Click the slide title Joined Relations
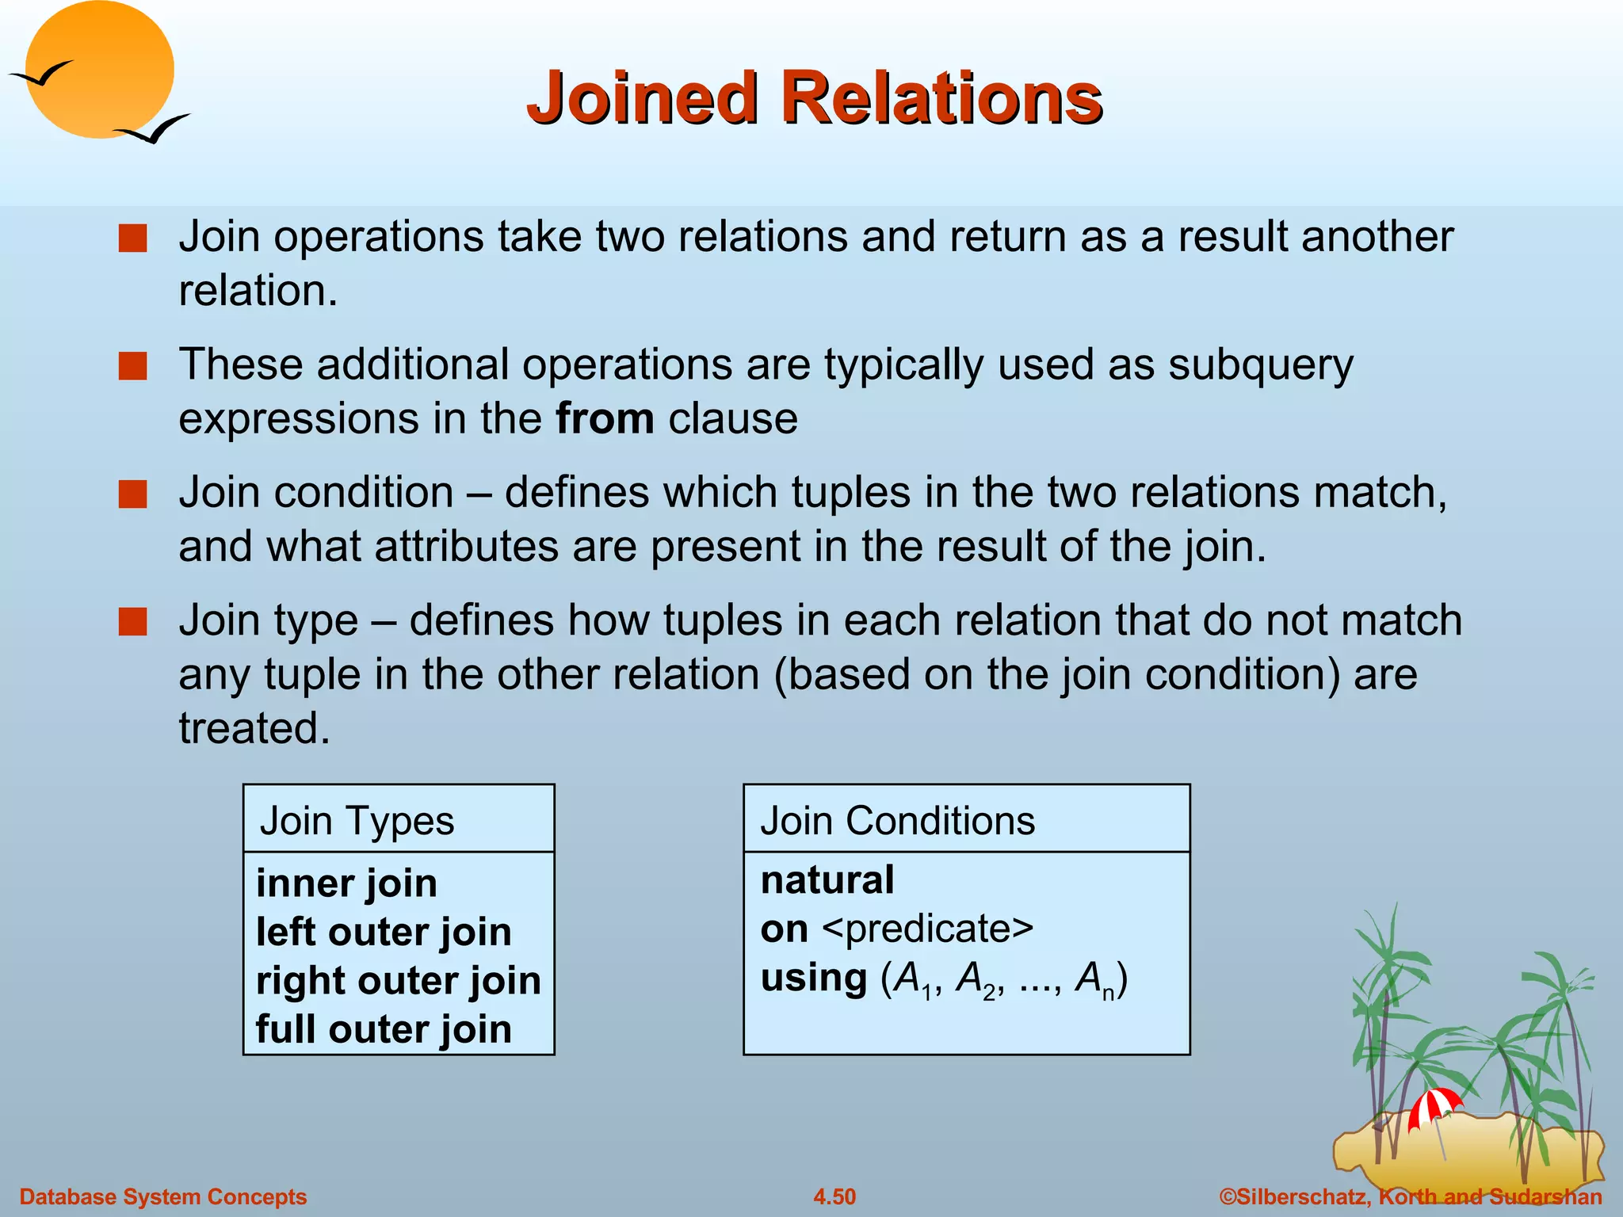[815, 98]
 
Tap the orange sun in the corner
[99, 69]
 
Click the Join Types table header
[357, 821]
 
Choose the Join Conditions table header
[897, 821]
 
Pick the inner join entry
[346, 883]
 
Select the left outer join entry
[384, 932]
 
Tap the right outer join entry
[398, 981]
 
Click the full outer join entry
[384, 1029]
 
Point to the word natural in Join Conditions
[827, 880]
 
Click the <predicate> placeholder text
[928, 929]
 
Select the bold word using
[814, 978]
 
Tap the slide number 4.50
[834, 1196]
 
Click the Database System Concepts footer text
[163, 1196]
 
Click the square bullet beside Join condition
[132, 494]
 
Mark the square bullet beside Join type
[132, 622]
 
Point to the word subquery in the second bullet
[1261, 366]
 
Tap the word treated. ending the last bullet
[254, 728]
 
